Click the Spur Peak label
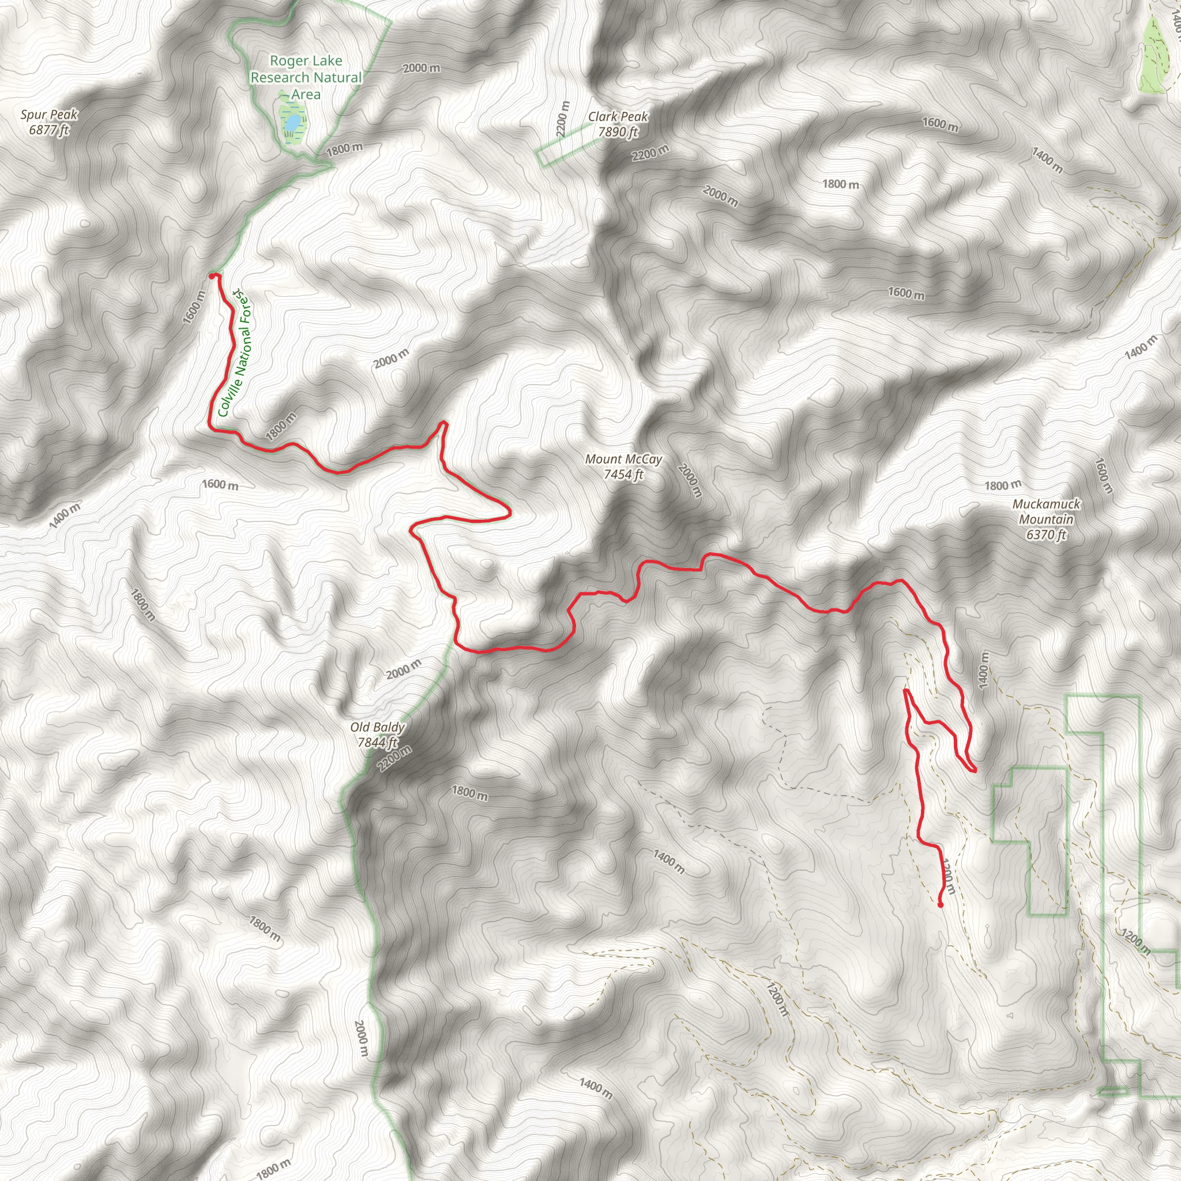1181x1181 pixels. coord(49,115)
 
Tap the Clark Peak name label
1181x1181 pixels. coord(618,116)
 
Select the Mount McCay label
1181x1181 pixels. coord(623,459)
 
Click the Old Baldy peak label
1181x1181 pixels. coord(377,727)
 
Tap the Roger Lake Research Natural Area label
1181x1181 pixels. coord(306,78)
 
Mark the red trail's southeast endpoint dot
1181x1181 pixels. coord(940,905)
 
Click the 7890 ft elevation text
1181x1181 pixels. coord(618,132)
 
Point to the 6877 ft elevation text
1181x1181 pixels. coord(49,130)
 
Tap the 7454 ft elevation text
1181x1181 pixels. coord(623,475)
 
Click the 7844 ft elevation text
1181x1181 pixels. coord(377,743)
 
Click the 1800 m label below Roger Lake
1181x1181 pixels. coord(344,149)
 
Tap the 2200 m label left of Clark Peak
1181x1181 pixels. coord(562,119)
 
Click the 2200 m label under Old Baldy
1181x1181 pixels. coord(395,759)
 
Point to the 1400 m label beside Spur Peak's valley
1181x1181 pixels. coord(64,516)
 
